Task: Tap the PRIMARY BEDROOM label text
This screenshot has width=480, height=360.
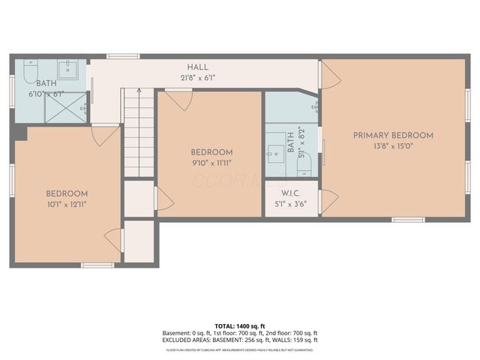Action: pyautogui.click(x=393, y=136)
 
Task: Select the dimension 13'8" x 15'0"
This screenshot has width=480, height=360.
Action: pyautogui.click(x=393, y=147)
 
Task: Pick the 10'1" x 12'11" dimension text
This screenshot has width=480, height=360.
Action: pyautogui.click(x=67, y=204)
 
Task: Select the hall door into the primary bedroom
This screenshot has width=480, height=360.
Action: pyautogui.click(x=328, y=73)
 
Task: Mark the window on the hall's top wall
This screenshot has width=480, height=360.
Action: pyautogui.click(x=122, y=56)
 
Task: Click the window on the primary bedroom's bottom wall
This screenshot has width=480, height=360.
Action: pyautogui.click(x=409, y=219)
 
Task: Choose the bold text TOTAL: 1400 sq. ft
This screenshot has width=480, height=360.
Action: pyautogui.click(x=240, y=326)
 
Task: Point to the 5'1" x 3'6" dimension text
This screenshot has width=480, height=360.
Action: pyautogui.click(x=291, y=202)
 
